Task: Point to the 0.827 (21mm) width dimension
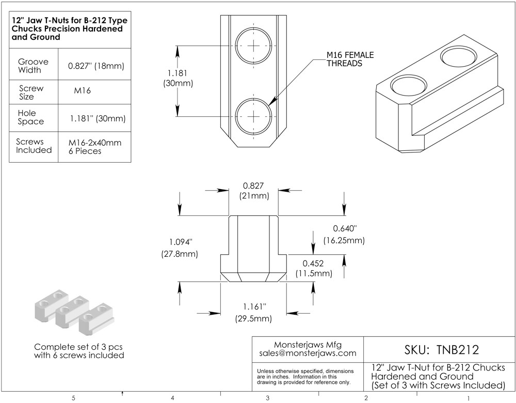pos(253,191)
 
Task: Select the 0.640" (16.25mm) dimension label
pos(344,235)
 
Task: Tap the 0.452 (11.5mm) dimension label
pos(313,269)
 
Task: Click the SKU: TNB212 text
pos(439,350)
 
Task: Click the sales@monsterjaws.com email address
pos(308,353)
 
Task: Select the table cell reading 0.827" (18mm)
pos(96,66)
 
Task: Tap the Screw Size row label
pos(31,92)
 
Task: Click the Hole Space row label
pos(31,117)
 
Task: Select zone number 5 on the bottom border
pos(74,398)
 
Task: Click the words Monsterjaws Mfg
pos(308,345)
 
